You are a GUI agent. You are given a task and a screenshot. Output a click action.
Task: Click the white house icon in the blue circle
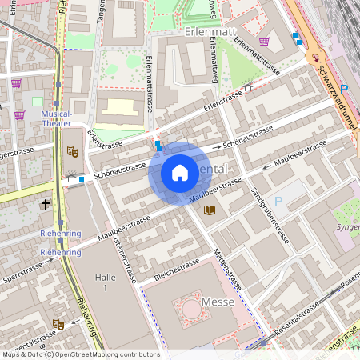[180, 173]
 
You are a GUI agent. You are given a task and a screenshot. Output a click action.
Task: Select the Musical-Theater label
[55, 118]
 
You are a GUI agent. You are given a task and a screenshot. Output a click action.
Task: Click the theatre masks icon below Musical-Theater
[73, 150]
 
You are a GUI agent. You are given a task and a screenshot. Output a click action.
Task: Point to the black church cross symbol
[46, 205]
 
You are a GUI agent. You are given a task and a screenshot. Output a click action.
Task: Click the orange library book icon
[210, 210]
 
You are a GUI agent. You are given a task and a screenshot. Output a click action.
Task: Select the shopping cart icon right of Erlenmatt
[265, 42]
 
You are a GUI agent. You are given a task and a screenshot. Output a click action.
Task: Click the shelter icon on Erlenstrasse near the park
[249, 88]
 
